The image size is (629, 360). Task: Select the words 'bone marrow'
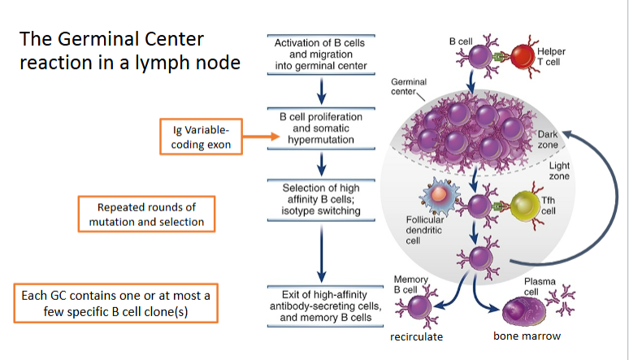pyautogui.click(x=524, y=336)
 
